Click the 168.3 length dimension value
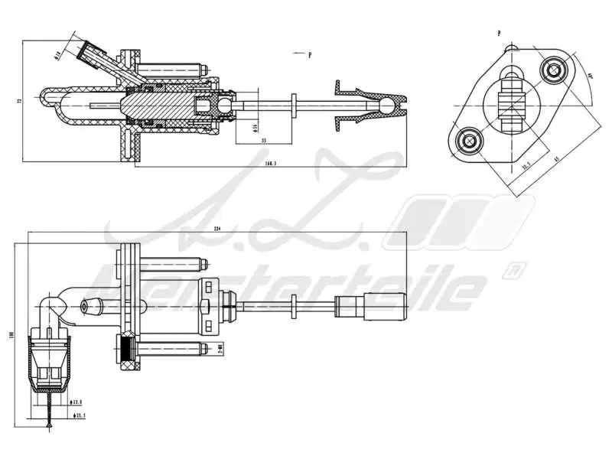[270, 163]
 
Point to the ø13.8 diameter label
[79, 401]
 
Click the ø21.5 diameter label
[79, 415]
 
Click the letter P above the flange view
[499, 34]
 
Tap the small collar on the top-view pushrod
[294, 104]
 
